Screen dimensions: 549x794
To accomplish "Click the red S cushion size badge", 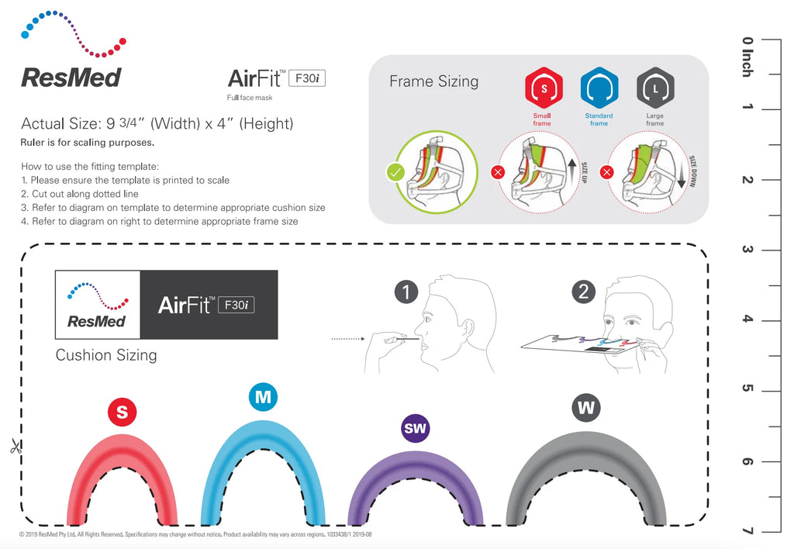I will [x=122, y=413].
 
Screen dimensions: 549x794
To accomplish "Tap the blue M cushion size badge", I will [x=264, y=397].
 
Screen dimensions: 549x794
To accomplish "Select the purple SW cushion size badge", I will [x=416, y=428].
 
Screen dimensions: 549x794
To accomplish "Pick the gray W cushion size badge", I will [x=586, y=407].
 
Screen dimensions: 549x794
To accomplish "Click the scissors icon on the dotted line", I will [x=15, y=447].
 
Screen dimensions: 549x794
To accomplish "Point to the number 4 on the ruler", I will [x=747, y=319].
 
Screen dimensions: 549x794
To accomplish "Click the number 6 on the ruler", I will [x=747, y=461].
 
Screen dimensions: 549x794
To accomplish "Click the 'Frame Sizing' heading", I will [x=433, y=81].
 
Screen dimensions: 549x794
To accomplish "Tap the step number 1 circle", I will [x=406, y=292].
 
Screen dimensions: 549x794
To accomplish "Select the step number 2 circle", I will [x=583, y=292].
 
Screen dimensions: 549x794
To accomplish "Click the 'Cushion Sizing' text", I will [x=106, y=355].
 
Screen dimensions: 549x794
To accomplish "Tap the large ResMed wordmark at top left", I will [x=71, y=77].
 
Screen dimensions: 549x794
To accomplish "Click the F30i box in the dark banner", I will [x=236, y=305].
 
